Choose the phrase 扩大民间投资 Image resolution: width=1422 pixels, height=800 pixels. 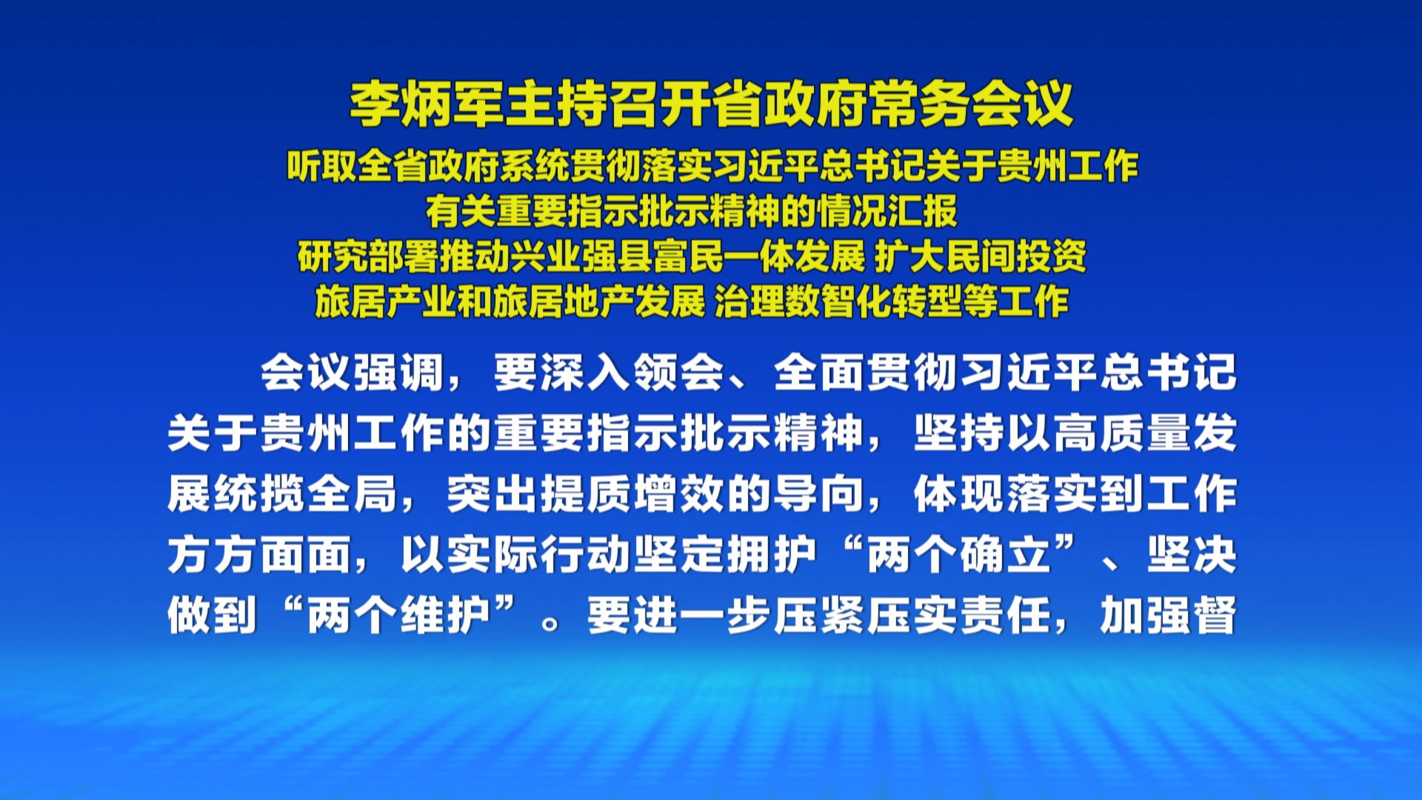980,257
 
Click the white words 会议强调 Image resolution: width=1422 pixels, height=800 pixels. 352,372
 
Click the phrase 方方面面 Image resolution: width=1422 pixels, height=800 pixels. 259,555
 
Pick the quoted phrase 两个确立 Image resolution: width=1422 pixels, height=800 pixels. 958,555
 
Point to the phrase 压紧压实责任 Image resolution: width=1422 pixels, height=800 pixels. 866,616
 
